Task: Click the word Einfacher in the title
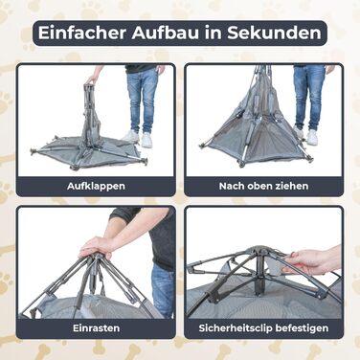pyautogui.click(x=82, y=34)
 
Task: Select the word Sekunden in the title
pyautogui.click(x=274, y=34)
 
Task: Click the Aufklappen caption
pyautogui.click(x=96, y=186)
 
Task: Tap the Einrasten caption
pyautogui.click(x=97, y=328)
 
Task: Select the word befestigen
pyautogui.click(x=302, y=328)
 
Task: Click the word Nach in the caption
pyautogui.click(x=229, y=186)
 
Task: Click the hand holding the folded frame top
pyautogui.click(x=93, y=79)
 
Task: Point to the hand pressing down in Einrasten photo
pyautogui.click(x=96, y=246)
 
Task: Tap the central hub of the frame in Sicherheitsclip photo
pyautogui.click(x=260, y=256)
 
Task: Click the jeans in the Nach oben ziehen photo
pyautogui.click(x=307, y=98)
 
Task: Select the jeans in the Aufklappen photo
pyautogui.click(x=143, y=100)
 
